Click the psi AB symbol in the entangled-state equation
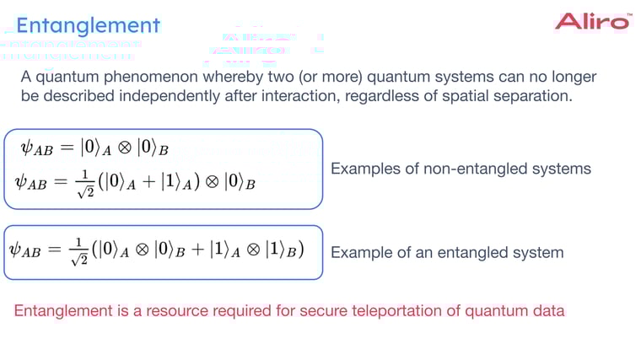28,250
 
